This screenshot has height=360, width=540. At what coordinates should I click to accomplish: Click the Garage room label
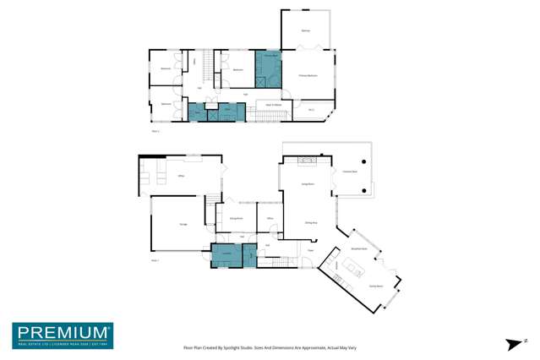[183, 223]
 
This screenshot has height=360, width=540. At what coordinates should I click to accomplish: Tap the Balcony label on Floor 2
[305, 30]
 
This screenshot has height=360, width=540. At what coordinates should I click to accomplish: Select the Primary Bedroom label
[307, 75]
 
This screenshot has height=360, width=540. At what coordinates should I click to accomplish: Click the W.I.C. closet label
[311, 109]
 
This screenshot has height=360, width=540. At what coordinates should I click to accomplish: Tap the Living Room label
[308, 184]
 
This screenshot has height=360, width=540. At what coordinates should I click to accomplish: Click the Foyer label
[310, 251]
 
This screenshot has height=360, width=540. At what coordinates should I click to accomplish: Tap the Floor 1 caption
[155, 261]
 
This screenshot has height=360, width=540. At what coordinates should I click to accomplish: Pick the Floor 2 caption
[155, 132]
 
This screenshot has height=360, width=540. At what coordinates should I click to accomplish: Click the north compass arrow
[512, 343]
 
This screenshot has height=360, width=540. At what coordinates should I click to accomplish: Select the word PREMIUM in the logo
[62, 332]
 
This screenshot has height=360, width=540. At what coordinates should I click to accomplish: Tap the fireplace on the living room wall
[308, 160]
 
